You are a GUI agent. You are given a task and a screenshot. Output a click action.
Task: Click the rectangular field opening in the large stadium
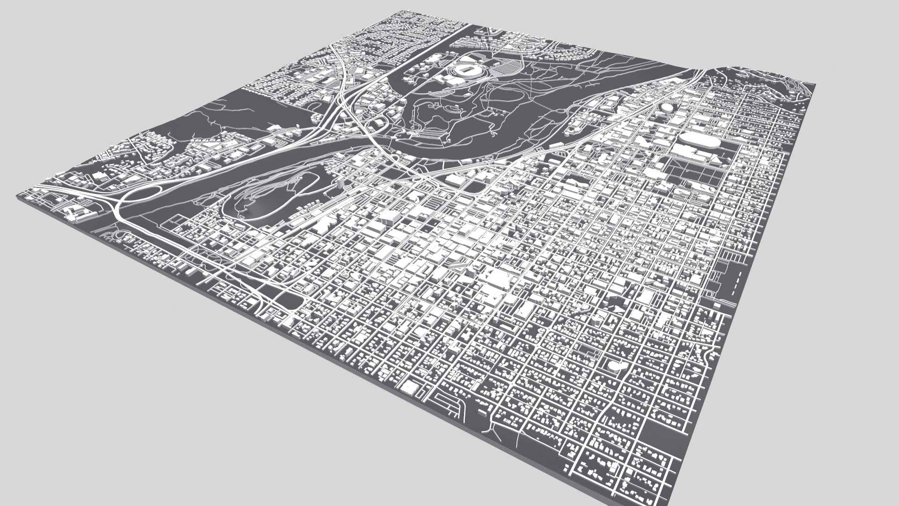(466, 69)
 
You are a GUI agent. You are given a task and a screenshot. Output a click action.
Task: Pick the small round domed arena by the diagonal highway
(665, 108)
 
